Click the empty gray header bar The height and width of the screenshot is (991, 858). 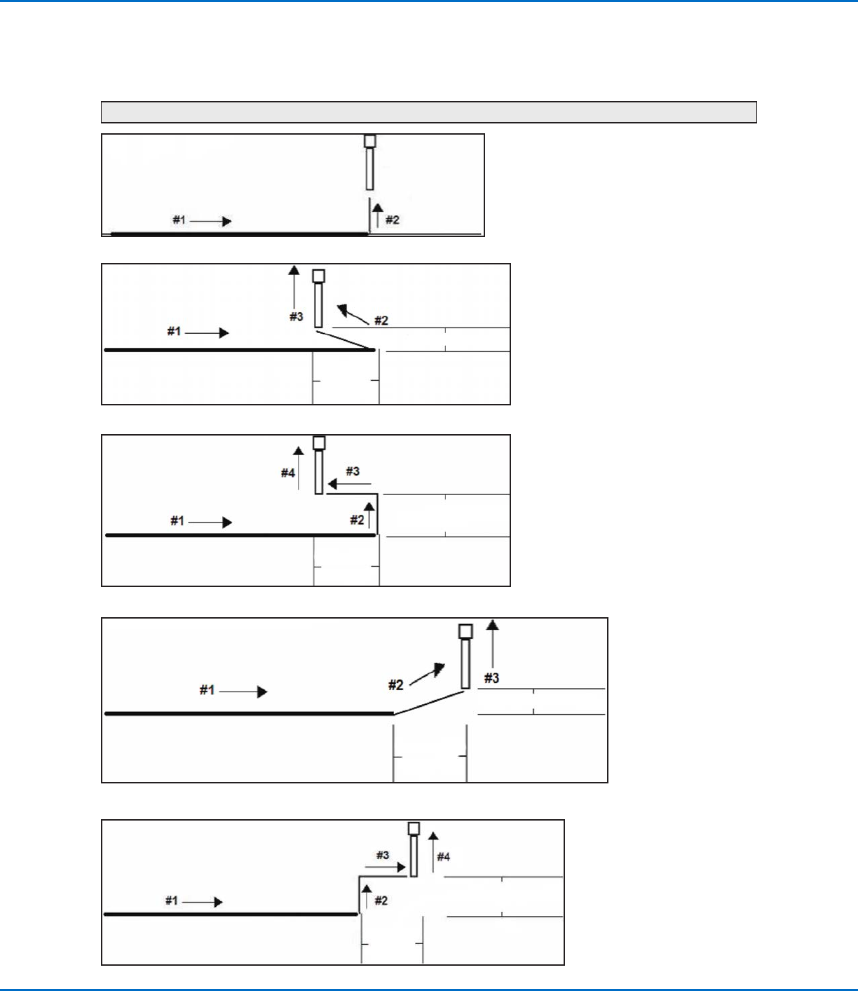428,112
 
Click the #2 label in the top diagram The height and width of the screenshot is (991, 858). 393,220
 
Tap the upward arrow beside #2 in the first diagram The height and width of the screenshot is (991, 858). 377,214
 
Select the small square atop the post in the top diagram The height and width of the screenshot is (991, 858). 370,141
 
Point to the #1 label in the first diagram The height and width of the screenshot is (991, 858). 179,220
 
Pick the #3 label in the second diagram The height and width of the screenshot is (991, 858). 297,317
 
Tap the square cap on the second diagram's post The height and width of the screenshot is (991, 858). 318,276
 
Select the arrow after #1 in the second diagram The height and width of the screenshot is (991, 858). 207,332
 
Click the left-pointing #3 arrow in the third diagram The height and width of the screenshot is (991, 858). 348,484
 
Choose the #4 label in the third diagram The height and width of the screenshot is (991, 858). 288,473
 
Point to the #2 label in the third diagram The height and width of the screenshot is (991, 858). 357,520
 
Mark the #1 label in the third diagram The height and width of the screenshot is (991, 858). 177,521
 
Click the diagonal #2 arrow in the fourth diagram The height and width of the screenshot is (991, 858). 428,674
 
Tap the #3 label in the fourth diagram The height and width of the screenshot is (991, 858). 492,678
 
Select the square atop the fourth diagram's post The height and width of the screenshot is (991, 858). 465,631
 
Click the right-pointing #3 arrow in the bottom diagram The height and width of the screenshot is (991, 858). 386,868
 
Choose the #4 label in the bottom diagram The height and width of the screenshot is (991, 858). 444,856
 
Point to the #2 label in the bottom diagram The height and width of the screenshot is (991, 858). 381,901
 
